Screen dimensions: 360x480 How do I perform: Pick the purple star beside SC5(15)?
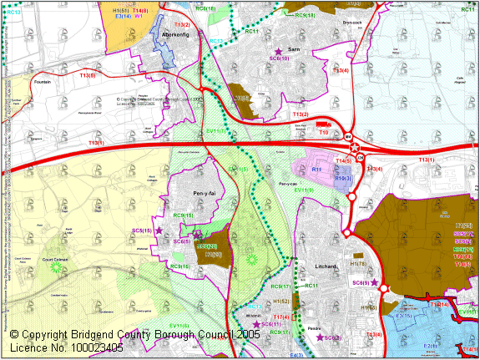pyautogui.click(x=159, y=230)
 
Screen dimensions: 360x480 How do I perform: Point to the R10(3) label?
pyautogui.click(x=343, y=178)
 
